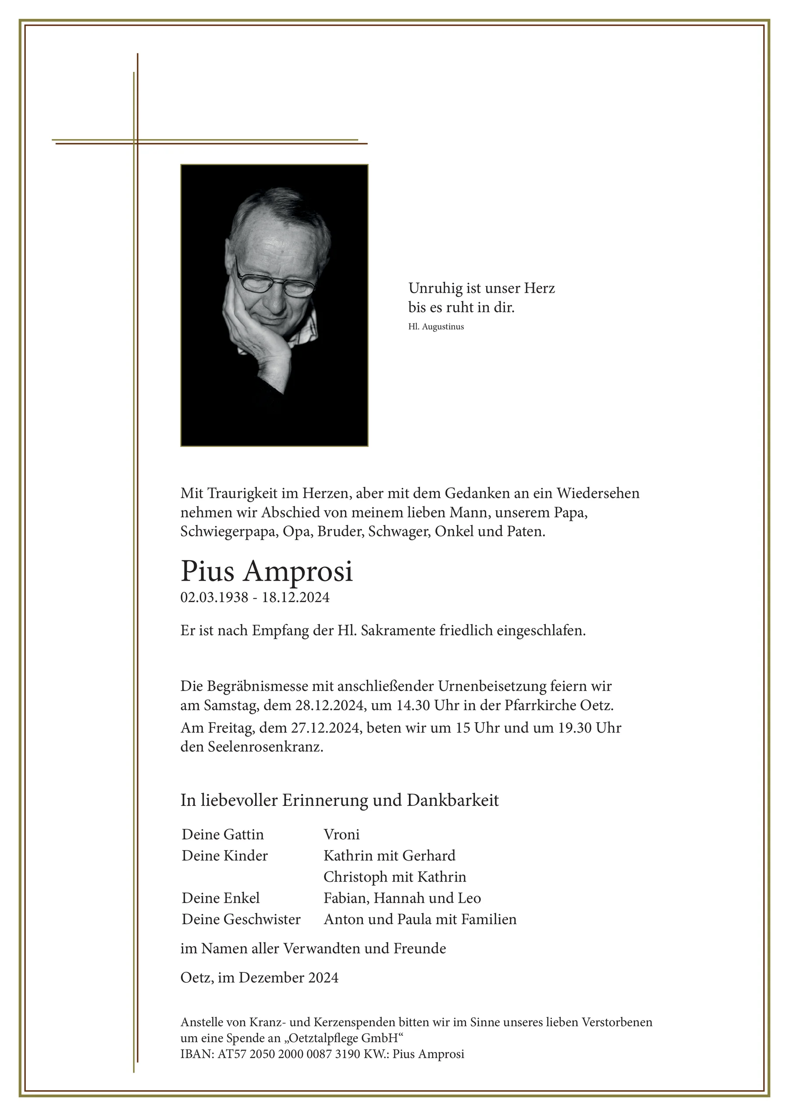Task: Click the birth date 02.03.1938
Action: tap(214, 597)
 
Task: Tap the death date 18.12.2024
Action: tap(295, 597)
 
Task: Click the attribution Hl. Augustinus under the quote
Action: tap(436, 326)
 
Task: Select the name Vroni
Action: tap(341, 835)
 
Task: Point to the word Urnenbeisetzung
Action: tap(492, 686)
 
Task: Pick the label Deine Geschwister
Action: tap(241, 919)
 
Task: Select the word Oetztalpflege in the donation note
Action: tap(323, 1039)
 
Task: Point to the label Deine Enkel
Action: tap(221, 898)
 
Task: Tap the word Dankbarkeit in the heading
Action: tap(453, 800)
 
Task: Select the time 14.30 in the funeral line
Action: tap(412, 705)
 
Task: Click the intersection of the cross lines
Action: tap(135, 142)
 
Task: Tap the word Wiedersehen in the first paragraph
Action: tap(598, 493)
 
